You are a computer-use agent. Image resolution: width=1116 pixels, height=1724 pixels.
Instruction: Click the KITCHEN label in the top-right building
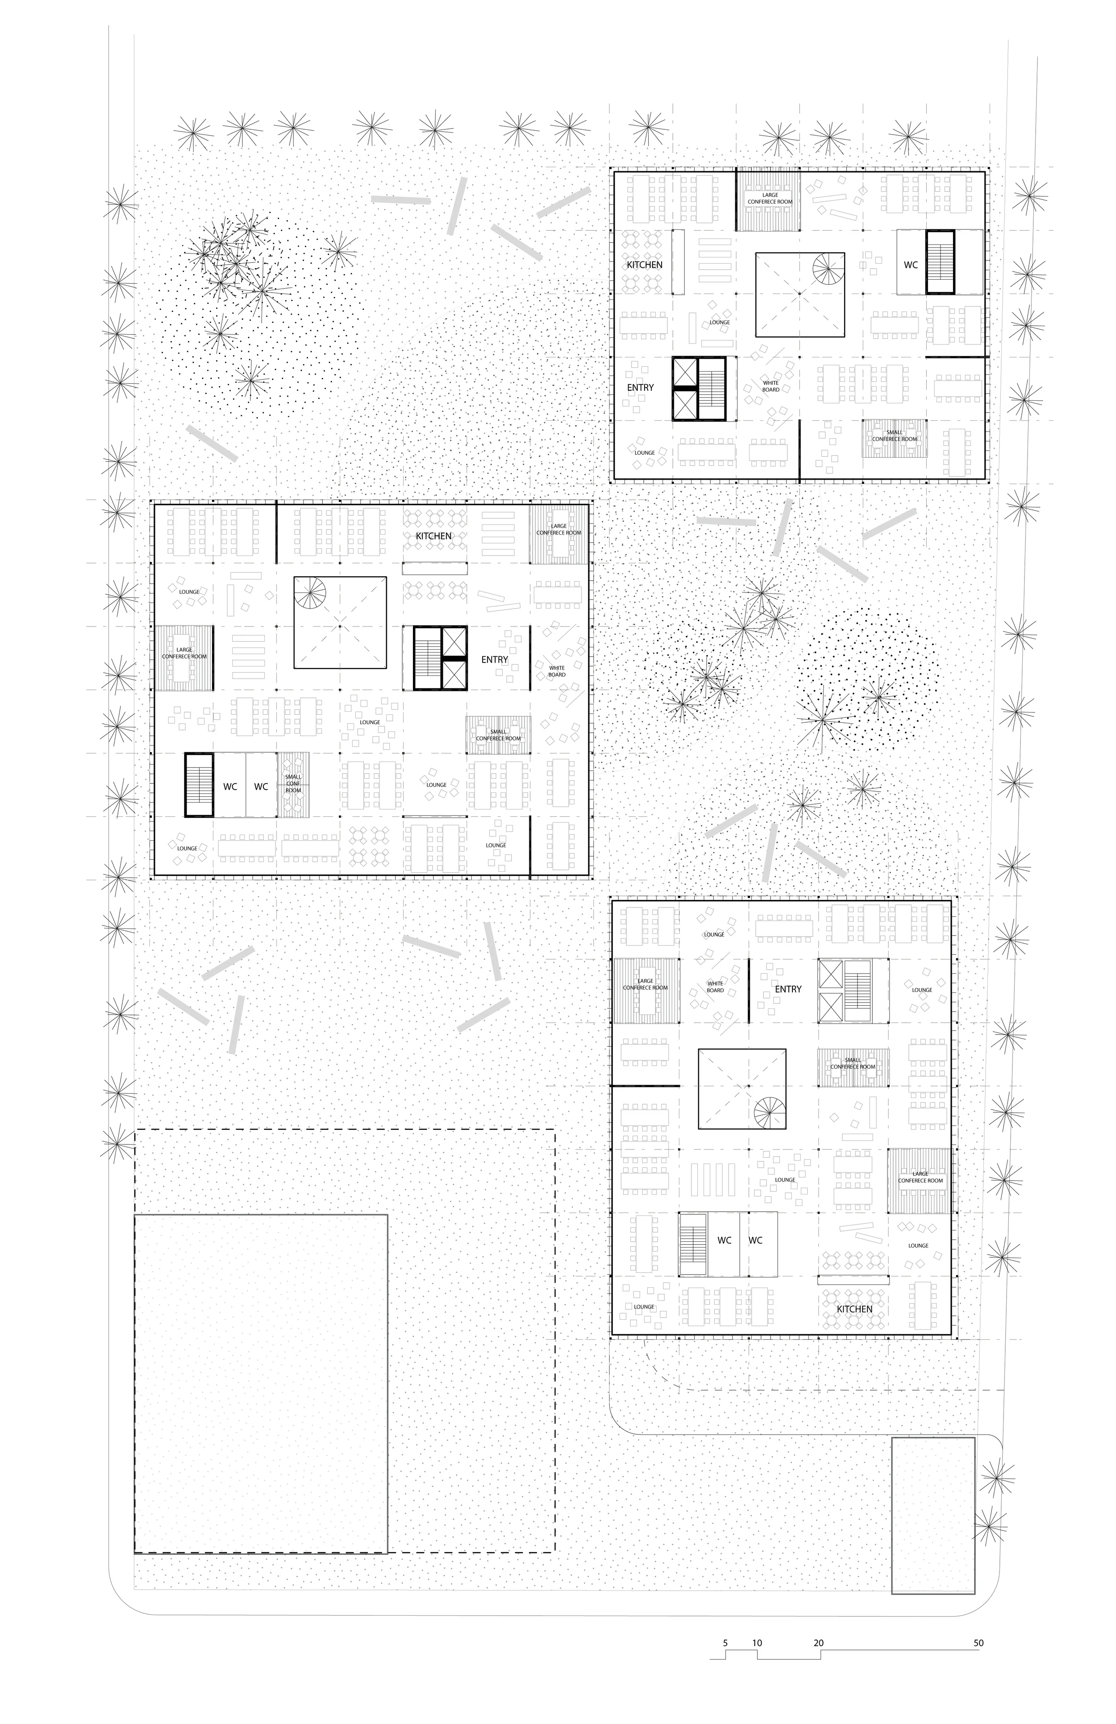pyautogui.click(x=644, y=265)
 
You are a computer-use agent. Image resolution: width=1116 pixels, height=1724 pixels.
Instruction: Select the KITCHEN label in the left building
pyautogui.click(x=433, y=536)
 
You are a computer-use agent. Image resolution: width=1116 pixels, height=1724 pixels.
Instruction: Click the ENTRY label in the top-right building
pyautogui.click(x=640, y=388)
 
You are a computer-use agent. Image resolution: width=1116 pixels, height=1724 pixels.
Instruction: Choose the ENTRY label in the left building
pyautogui.click(x=494, y=659)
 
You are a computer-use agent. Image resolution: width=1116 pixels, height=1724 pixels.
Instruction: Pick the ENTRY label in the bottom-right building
pyautogui.click(x=788, y=989)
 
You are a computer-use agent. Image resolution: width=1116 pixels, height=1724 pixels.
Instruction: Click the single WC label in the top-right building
pyautogui.click(x=910, y=265)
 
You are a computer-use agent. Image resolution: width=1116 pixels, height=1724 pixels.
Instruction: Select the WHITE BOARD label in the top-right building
pyautogui.click(x=770, y=386)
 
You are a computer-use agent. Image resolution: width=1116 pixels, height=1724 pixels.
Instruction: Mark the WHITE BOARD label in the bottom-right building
pyautogui.click(x=715, y=986)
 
